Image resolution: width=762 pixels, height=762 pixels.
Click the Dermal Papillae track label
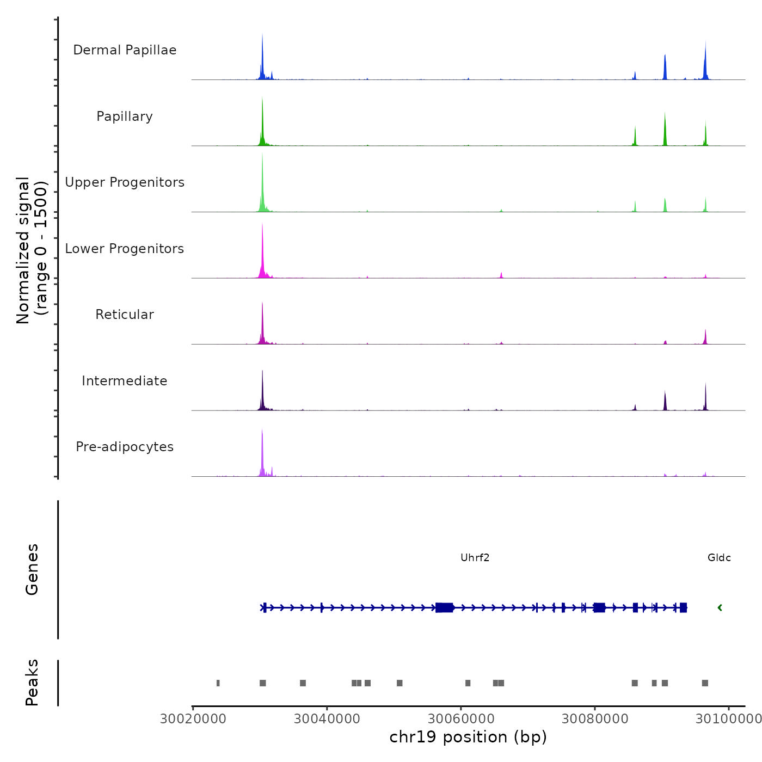coord(125,50)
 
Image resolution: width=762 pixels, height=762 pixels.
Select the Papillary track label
coord(125,116)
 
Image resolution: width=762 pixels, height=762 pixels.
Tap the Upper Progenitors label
coord(125,182)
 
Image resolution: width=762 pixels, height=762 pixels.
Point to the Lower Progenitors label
coord(125,249)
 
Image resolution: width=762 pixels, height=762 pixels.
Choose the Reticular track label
coord(125,315)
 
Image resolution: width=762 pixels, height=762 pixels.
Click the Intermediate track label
coord(125,381)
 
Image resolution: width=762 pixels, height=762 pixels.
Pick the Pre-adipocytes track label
coord(125,447)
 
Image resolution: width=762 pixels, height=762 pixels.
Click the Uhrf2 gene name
coord(475,558)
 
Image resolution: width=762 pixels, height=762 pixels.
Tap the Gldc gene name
coord(719,558)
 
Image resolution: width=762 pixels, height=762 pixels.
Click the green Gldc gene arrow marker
coord(720,607)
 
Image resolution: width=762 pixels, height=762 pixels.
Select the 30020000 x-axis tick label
coord(193,719)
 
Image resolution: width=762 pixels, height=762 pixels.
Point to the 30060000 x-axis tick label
coord(461,719)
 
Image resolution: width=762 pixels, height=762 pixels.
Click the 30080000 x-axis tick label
coord(595,719)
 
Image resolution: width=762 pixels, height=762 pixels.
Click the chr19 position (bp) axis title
coord(468,737)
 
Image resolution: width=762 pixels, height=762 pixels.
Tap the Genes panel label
coord(32,569)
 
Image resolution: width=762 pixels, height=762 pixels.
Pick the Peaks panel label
coord(32,683)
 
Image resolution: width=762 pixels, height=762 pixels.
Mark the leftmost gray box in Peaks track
coord(218,683)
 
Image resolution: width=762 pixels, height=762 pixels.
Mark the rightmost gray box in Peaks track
coord(705,683)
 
